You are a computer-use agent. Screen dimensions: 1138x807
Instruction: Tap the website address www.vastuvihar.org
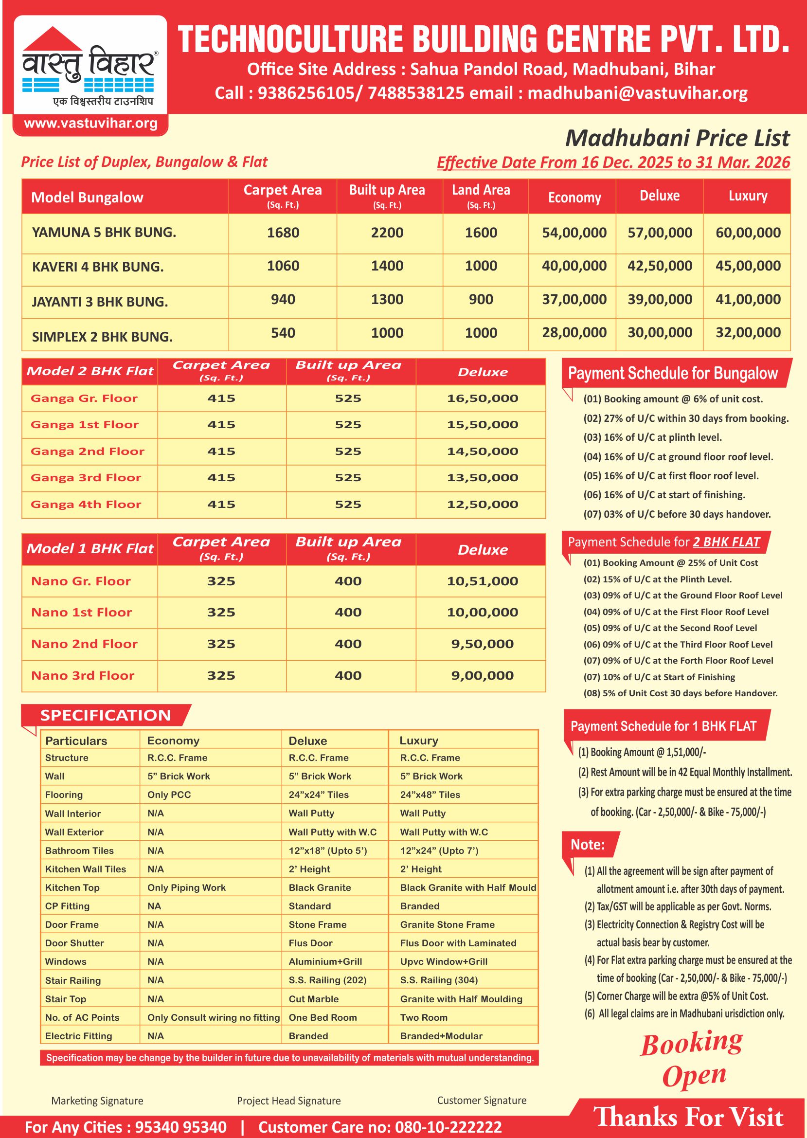90,123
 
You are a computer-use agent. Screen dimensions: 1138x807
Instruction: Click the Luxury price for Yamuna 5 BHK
747,233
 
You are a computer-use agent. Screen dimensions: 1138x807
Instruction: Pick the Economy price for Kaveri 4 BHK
574,266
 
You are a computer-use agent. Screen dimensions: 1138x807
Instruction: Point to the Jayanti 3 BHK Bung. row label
100,302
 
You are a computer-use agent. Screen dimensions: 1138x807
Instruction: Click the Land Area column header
481,196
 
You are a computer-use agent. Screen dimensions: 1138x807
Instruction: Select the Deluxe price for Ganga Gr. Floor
482,398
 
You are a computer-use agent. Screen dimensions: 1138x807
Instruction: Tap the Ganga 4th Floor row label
86,505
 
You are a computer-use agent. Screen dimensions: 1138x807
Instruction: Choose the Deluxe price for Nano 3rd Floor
482,675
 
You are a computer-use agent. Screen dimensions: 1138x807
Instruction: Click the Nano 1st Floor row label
82,612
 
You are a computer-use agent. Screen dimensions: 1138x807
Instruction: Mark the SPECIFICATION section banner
106,715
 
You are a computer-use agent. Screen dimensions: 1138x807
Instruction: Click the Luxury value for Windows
443,961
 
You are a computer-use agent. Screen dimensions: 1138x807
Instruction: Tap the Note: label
587,845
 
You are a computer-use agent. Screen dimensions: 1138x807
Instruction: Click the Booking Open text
692,1059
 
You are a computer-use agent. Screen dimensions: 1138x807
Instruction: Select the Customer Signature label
481,1100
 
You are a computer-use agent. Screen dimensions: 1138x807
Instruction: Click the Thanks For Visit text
688,1117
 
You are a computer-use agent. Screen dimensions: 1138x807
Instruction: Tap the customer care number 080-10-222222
448,1127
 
